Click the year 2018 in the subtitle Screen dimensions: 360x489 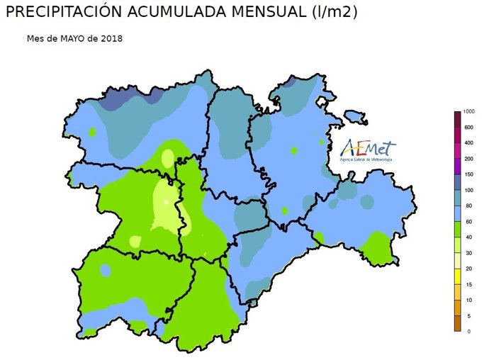[112, 38]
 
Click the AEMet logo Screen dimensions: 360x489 [368, 147]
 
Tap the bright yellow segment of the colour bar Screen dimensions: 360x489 [458, 276]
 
